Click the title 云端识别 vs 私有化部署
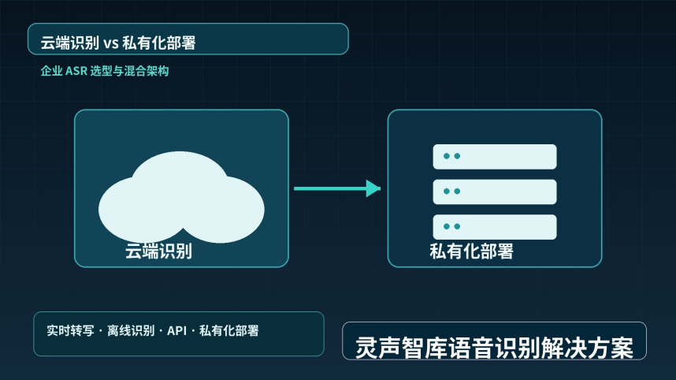(118, 43)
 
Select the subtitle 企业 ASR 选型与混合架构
(105, 71)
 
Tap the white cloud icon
(181, 197)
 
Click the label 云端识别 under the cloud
(158, 251)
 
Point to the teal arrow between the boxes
(337, 188)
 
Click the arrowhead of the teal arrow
(373, 188)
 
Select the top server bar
(495, 157)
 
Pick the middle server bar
(495, 192)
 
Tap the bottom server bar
(495, 227)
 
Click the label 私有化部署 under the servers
(471, 251)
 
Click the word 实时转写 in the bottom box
(70, 331)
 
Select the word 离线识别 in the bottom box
(131, 331)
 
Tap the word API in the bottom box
(176, 331)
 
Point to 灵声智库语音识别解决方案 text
(494, 348)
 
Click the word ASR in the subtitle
(76, 71)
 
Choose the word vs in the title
(111, 43)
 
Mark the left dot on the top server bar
(447, 156)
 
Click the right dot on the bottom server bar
(457, 226)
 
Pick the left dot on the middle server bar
(447, 191)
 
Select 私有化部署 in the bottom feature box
(229, 331)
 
